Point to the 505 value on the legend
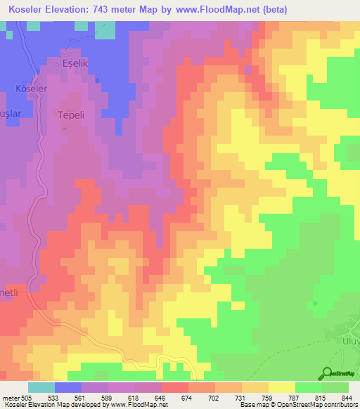[27, 397]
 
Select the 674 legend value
[187, 397]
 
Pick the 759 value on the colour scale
[267, 397]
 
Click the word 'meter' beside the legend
[10, 397]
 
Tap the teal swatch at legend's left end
[41, 387]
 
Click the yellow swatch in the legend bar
[281, 387]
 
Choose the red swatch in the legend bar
[174, 387]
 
